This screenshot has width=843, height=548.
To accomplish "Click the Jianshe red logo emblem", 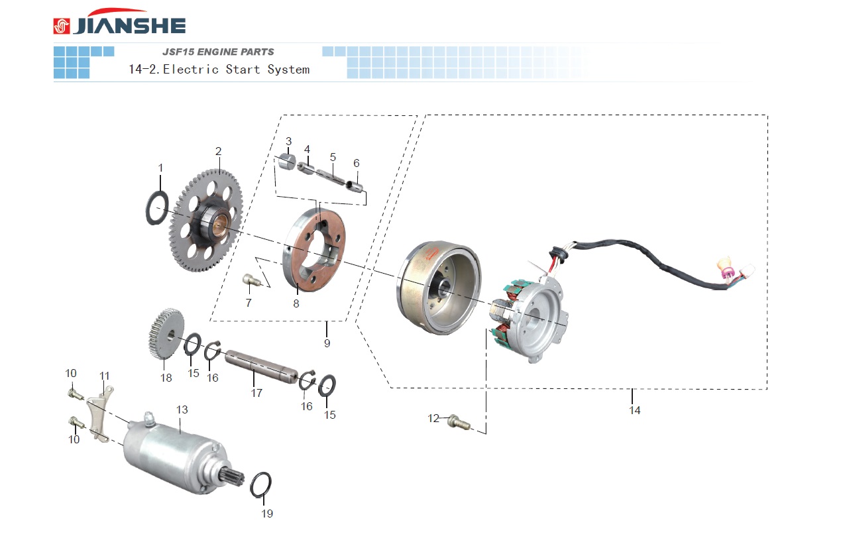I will point(62,26).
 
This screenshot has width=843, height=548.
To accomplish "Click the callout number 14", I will point(635,411).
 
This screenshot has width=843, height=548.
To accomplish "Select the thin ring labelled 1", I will point(156,207).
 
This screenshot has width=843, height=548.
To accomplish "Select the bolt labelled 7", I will point(250,281).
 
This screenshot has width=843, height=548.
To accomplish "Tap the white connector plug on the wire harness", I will point(748,271).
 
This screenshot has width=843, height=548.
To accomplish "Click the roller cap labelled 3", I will point(286,162).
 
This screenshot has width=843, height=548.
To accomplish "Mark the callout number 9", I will point(327,343).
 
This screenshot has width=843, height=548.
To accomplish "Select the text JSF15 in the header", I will point(176,52).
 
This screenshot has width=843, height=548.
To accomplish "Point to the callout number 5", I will point(333,157).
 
